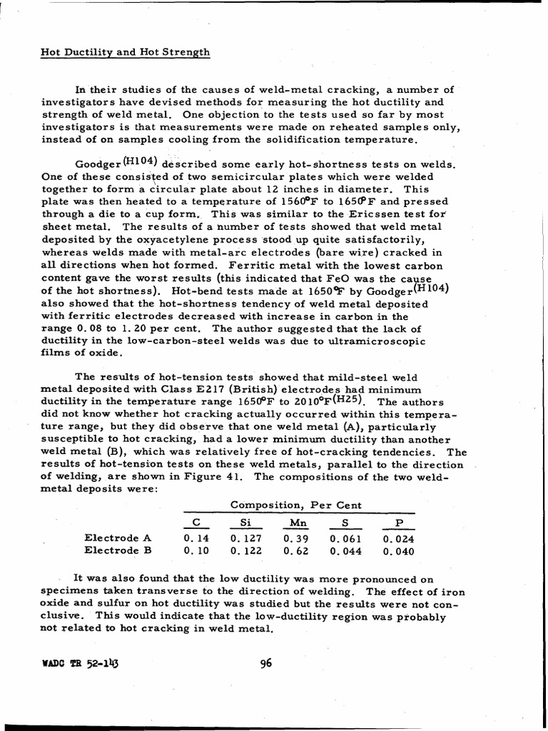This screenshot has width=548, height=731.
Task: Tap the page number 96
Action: [x=267, y=662]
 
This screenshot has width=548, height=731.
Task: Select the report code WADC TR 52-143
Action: [x=75, y=663]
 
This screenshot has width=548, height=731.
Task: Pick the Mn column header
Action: [x=295, y=523]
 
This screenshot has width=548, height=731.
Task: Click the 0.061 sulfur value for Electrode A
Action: [x=345, y=538]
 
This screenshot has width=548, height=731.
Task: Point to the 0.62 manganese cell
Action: [x=295, y=551]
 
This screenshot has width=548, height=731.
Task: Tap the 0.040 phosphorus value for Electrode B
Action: [x=398, y=551]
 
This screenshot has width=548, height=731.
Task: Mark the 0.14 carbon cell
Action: [x=195, y=538]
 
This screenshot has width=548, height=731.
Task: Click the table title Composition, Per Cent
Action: [x=295, y=505]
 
